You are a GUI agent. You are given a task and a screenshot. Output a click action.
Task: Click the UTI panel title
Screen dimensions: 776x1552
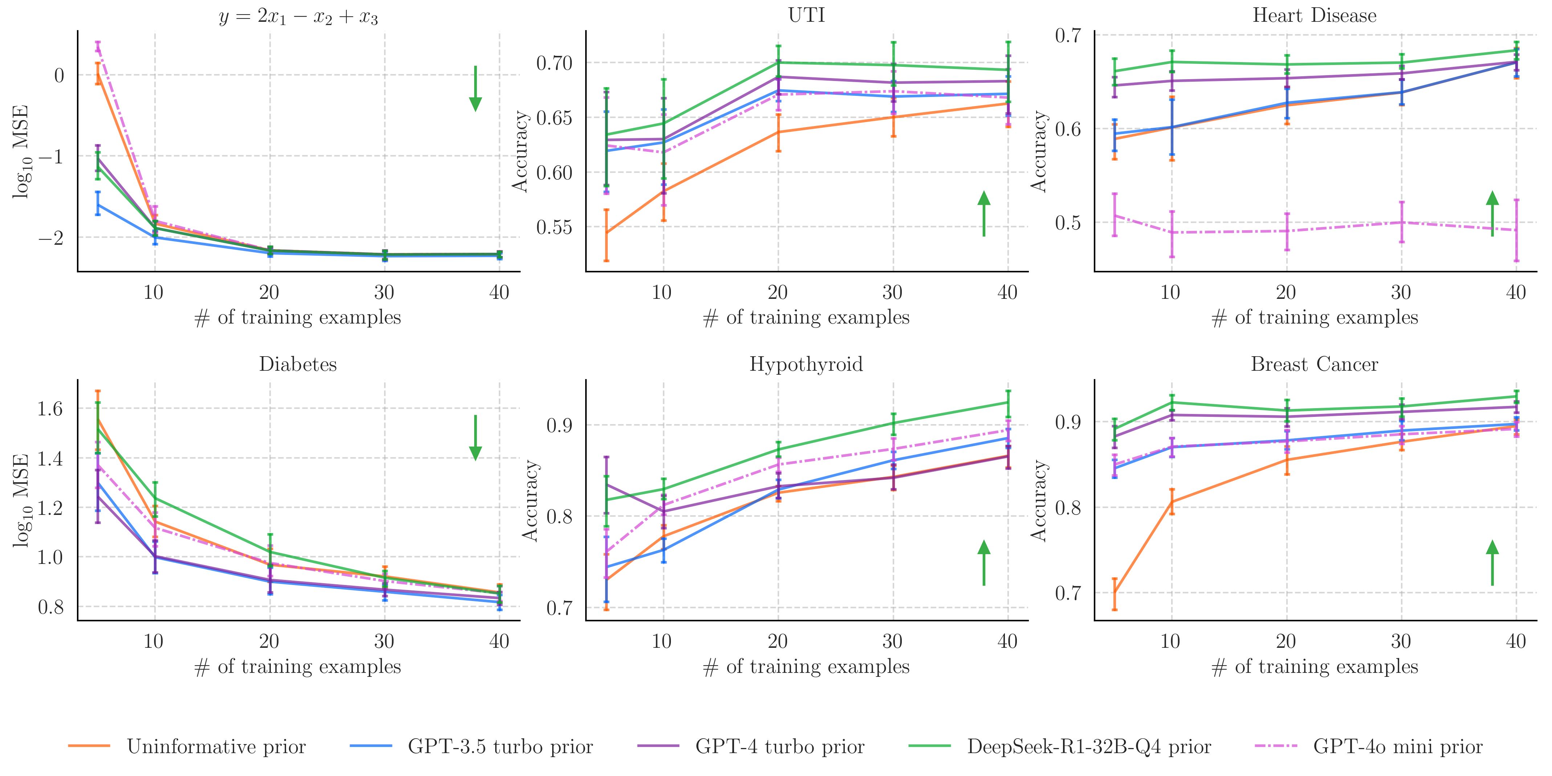click(806, 15)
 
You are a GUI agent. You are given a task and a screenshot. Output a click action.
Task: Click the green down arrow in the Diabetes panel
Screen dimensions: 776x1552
click(475, 438)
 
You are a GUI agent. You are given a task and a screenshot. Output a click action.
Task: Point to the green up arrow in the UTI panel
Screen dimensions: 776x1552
click(984, 214)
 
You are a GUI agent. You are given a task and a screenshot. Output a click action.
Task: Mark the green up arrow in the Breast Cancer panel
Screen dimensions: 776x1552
click(1492, 563)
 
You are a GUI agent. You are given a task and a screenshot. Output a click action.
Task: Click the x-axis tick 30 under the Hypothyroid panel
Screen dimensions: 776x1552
click(892, 641)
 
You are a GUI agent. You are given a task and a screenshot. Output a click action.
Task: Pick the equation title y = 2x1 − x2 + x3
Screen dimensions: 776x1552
click(298, 16)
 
